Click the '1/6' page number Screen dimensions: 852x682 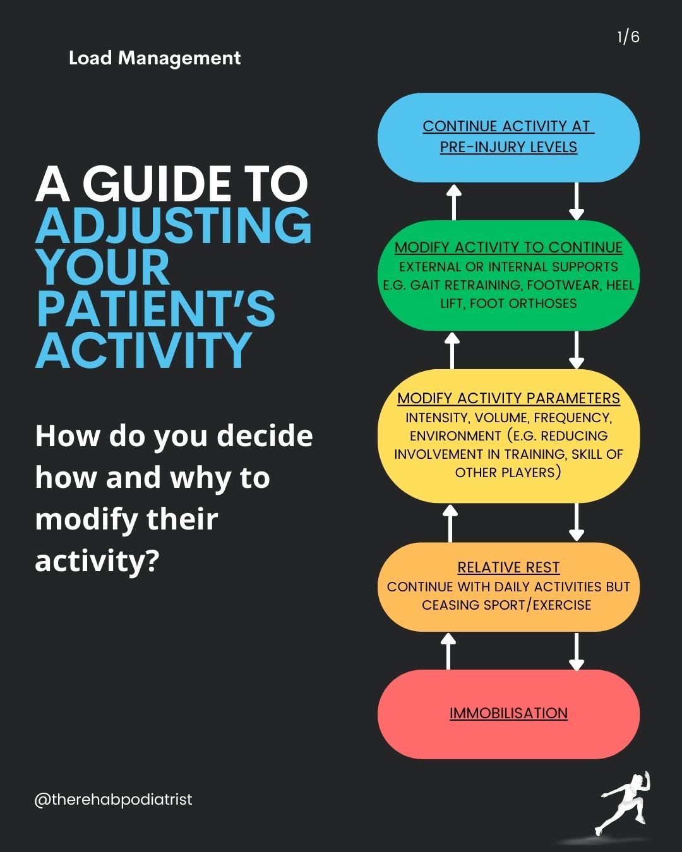coord(628,37)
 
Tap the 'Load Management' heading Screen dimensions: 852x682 coord(155,58)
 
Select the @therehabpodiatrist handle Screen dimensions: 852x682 coord(114,800)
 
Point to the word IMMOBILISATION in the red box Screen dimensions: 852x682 coord(508,713)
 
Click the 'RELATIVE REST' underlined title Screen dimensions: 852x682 coord(508,567)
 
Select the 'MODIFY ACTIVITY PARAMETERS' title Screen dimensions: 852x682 coord(508,398)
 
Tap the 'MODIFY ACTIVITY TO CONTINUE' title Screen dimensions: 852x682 coord(508,247)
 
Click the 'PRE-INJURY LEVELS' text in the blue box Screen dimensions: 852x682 coord(508,147)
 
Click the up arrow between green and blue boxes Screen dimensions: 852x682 coord(454,201)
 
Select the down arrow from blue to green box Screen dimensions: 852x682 coord(576,201)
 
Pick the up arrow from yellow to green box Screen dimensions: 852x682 coord(452,350)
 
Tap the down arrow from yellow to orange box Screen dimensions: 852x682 coord(576,523)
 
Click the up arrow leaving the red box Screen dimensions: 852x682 coord(448,651)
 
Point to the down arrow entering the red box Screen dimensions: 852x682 coord(576,651)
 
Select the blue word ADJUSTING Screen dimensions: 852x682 coord(174,225)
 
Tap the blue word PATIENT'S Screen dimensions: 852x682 coord(155,309)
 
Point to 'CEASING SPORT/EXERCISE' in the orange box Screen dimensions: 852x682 coord(506,605)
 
